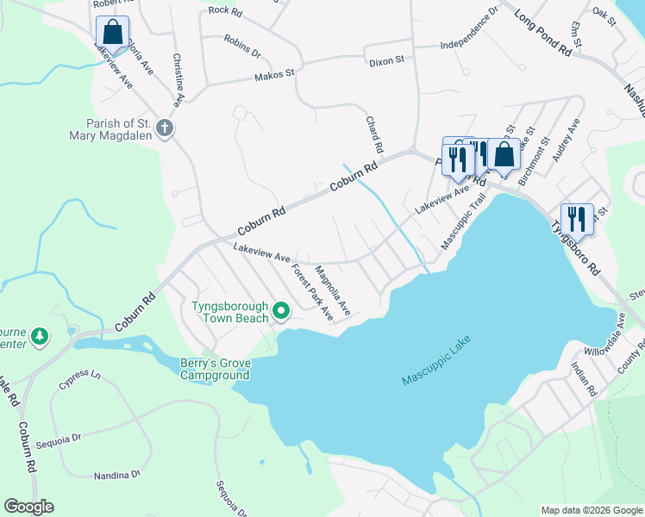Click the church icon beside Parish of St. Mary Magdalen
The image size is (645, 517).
pos(166,129)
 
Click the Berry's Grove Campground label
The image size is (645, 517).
pos(215,369)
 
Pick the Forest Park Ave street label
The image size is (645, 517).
pos(311,292)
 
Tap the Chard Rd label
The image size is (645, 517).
pos(374,135)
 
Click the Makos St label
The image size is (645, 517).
pos(275,77)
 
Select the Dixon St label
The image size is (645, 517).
pos(386,60)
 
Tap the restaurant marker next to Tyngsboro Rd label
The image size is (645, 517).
pos(577,218)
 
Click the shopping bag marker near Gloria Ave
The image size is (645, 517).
pos(112,33)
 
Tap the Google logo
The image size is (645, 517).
pos(28,507)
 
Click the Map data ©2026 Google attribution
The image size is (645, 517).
pos(591,510)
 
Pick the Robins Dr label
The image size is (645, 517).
pos(242,47)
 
